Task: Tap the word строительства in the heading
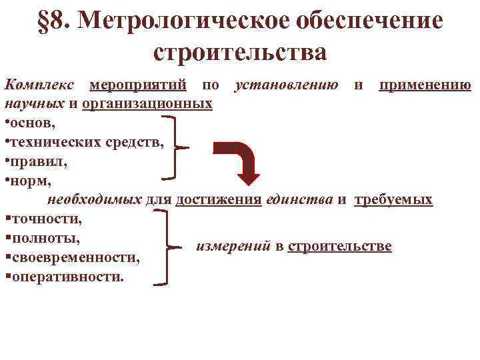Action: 240,51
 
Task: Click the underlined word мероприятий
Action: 139,86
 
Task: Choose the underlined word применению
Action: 425,86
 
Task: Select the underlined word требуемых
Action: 393,199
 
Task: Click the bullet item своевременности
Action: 74,257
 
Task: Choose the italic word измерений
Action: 233,247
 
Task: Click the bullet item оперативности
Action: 66,276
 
